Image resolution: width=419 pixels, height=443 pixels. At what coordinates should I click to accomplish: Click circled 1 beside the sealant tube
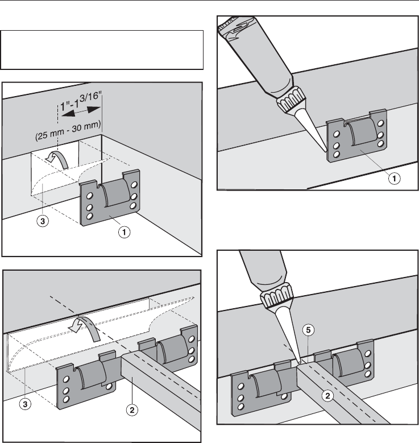coord(393,178)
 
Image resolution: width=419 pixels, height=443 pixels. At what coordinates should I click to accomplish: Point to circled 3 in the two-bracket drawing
coord(23,404)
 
